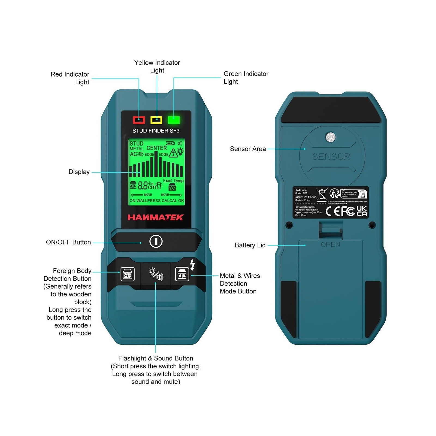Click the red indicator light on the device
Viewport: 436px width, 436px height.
tap(139, 120)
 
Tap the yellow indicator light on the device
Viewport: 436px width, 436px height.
tap(156, 120)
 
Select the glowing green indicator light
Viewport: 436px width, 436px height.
tap(174, 120)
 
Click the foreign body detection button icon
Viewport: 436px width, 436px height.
tap(128, 274)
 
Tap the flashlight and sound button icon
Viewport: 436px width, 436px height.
tap(156, 274)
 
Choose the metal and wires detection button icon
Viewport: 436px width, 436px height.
tap(182, 274)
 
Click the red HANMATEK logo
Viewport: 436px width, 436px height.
tap(156, 217)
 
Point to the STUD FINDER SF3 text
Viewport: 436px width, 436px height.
tap(156, 131)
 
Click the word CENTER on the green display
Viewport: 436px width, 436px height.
tap(157, 148)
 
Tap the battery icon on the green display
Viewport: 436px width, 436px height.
tap(170, 143)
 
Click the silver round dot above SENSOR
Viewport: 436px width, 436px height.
tap(331, 137)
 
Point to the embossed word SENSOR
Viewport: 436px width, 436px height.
tap(331, 156)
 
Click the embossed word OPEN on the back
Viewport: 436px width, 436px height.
tap(331, 245)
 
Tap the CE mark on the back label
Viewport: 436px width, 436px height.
tap(333, 211)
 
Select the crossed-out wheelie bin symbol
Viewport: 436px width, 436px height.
tap(322, 195)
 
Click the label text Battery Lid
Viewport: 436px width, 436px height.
tap(250, 245)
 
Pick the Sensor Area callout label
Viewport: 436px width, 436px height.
tap(248, 149)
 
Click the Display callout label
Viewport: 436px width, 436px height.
tap(79, 172)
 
